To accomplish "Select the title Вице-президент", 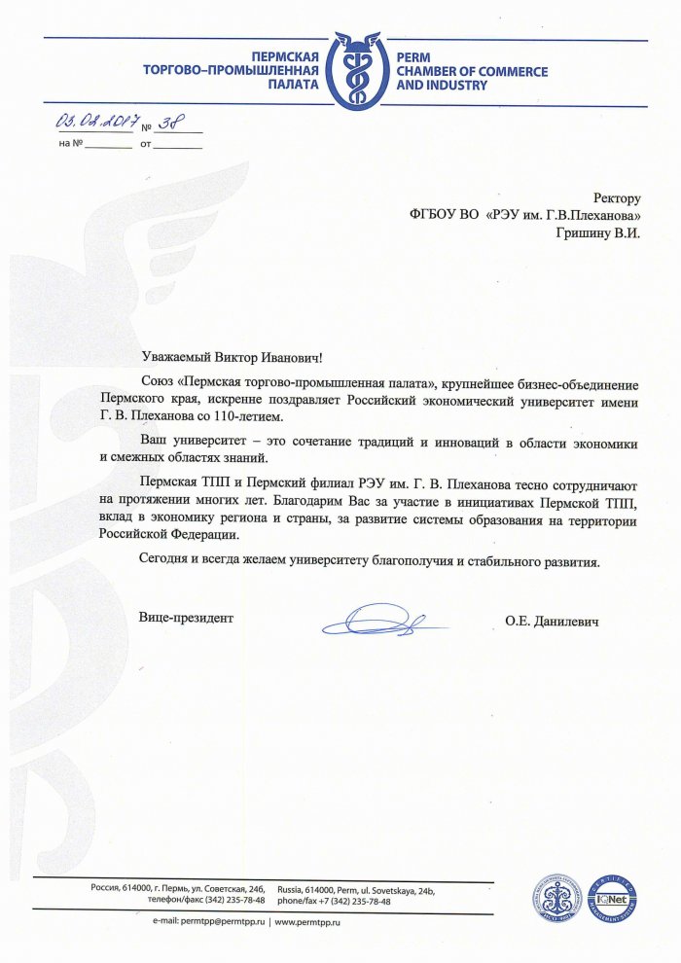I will point(186,617).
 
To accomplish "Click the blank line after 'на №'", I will point(108,146).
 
